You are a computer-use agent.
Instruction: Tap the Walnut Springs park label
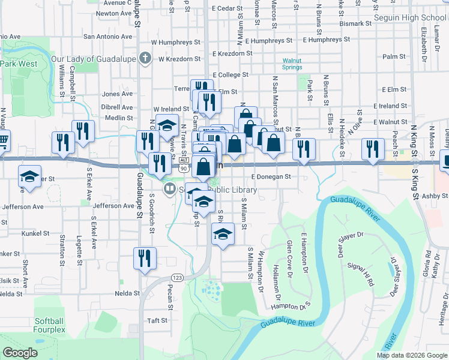(x=292, y=64)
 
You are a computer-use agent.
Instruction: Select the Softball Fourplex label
(x=50, y=325)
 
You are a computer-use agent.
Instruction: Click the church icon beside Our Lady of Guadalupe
(x=145, y=59)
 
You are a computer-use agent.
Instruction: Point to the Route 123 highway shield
(x=176, y=277)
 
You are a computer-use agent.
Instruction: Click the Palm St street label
(x=394, y=56)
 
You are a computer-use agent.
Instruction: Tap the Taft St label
(x=158, y=320)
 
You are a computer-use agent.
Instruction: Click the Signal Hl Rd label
(x=363, y=273)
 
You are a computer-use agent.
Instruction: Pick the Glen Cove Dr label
(x=289, y=259)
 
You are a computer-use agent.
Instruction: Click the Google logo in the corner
(x=20, y=353)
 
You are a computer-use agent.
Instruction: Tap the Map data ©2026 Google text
(x=411, y=355)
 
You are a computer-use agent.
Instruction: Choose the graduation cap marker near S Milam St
(x=223, y=234)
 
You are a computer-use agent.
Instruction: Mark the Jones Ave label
(x=117, y=94)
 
